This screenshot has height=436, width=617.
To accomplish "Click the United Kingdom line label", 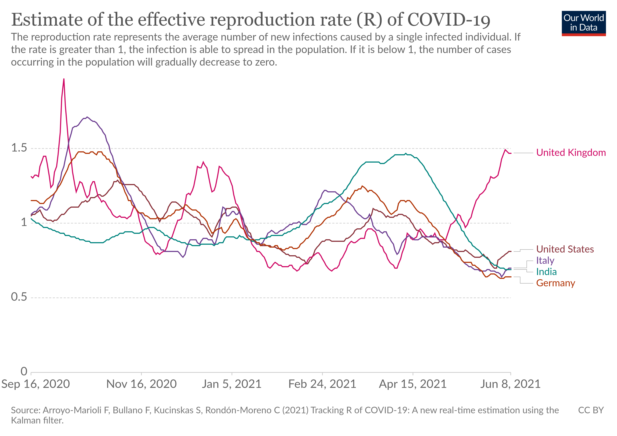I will coord(571,152).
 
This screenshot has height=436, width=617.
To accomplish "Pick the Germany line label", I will coord(555,283).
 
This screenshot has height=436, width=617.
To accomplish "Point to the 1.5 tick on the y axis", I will coord(19,148).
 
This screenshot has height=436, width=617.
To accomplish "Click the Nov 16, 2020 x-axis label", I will coord(141,384).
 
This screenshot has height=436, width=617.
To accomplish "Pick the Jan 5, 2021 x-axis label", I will coord(232,384).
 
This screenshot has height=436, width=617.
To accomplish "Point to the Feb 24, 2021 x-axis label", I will coord(322,384).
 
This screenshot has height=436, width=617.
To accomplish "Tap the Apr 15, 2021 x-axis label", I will coord(413,384).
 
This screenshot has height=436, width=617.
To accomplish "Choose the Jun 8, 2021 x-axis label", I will coord(510,384).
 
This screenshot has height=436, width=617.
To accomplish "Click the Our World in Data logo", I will coord(584,23).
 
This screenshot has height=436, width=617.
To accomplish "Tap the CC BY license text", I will coord(591,410).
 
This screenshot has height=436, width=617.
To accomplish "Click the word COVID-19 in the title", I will coord(449,20).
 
